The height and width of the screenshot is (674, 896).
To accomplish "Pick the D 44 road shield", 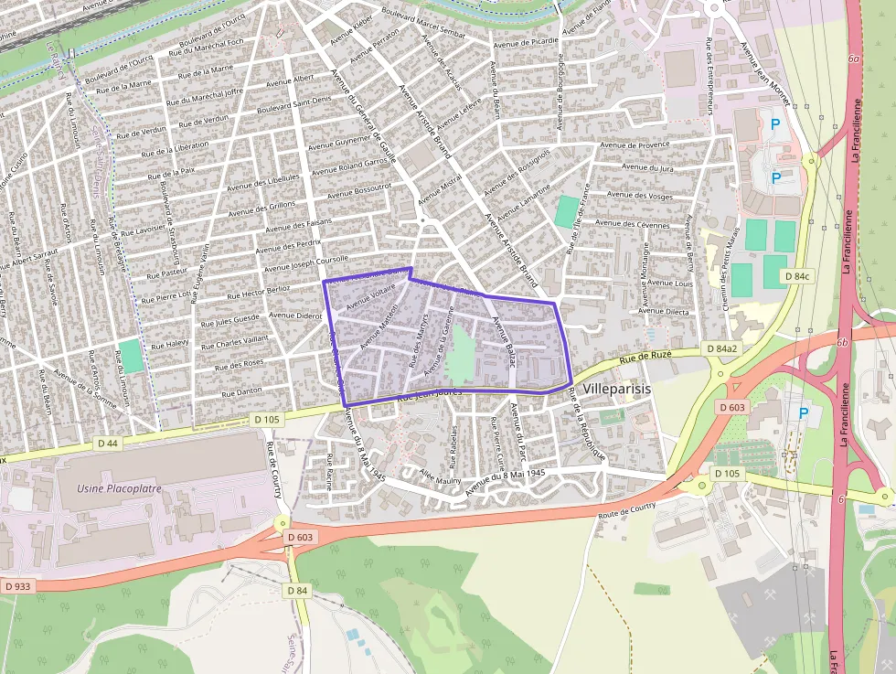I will point(108,443).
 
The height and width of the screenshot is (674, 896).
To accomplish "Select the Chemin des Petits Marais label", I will point(729,273).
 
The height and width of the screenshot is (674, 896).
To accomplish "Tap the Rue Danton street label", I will point(241,392).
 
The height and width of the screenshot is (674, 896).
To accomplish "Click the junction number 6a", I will point(853,59).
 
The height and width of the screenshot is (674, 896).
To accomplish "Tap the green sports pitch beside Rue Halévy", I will point(131,356).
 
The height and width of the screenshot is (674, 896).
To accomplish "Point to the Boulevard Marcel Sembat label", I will point(423,25).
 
